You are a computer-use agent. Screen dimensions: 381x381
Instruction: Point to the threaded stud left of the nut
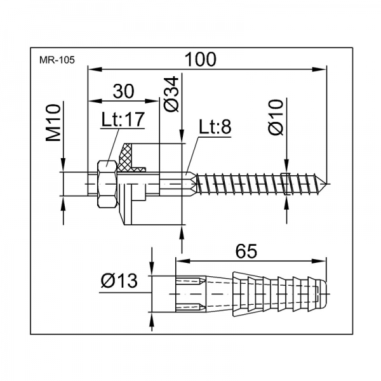[79, 184]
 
